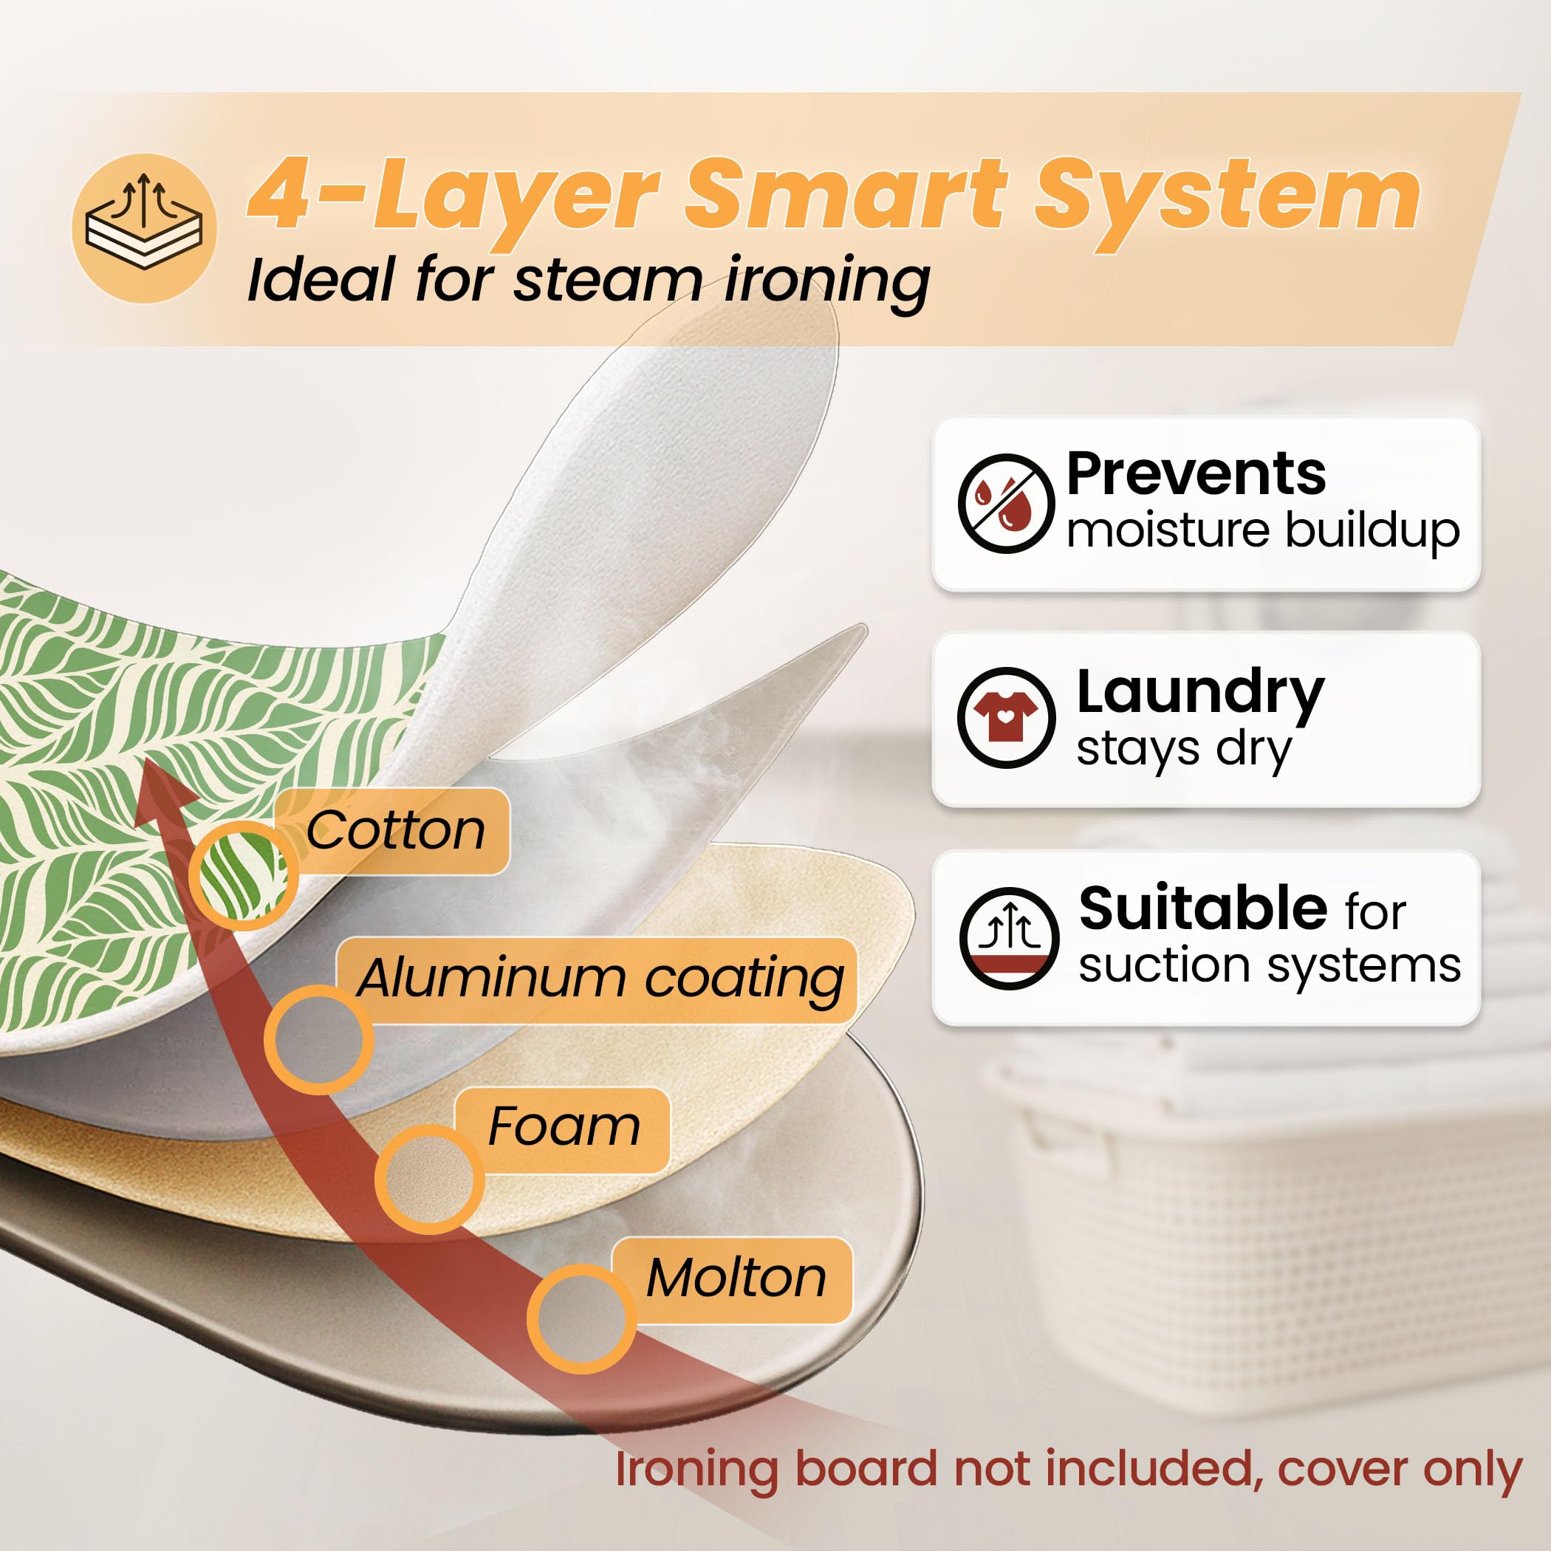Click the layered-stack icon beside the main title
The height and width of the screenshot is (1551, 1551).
coord(144,228)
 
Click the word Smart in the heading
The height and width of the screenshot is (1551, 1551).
coord(846,194)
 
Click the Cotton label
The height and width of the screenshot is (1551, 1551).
coord(395,830)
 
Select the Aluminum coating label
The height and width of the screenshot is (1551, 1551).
coord(600,979)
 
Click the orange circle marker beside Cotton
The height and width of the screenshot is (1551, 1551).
coord(243,875)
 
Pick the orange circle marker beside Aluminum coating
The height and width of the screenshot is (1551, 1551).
coord(319,1040)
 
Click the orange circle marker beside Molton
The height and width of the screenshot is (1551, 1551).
coord(581,1319)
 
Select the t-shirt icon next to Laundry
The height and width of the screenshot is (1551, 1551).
coord(1006,718)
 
